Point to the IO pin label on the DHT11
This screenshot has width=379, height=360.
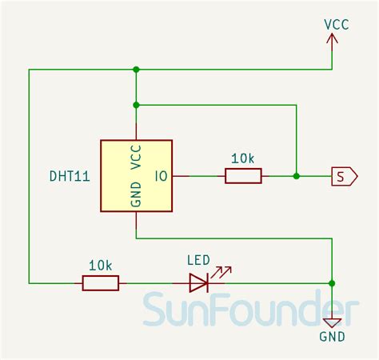pyautogui.click(x=161, y=176)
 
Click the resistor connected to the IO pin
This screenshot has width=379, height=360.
pyautogui.click(x=243, y=176)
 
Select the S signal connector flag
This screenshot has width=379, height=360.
pyautogui.click(x=344, y=176)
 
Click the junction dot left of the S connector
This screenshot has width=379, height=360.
pyautogui.click(x=296, y=176)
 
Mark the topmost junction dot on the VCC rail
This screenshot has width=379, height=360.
pyautogui.click(x=136, y=70)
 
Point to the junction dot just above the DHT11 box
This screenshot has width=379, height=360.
pyautogui.click(x=136, y=105)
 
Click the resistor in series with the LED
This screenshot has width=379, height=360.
pyautogui.click(x=100, y=282)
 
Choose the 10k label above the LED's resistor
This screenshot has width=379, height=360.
pyautogui.click(x=100, y=264)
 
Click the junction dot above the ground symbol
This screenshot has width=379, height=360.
pyautogui.click(x=333, y=282)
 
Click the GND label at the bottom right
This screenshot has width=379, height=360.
pyautogui.click(x=333, y=337)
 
